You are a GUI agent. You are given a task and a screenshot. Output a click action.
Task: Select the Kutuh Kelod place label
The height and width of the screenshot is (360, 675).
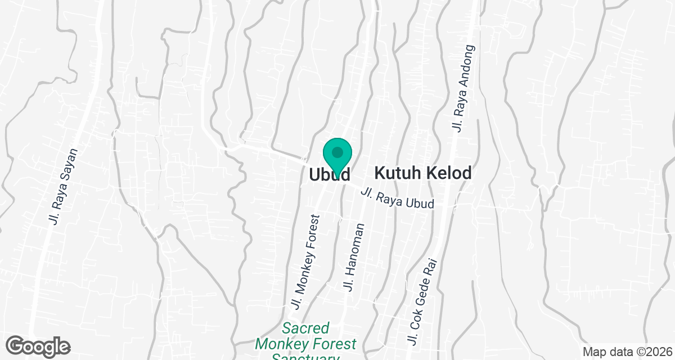422,173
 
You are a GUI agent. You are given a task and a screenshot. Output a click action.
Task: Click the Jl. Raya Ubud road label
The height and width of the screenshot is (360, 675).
398,199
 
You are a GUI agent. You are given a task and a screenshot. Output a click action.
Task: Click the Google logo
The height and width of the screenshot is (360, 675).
38,345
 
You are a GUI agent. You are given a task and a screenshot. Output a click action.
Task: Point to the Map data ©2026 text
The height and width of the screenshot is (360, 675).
627,352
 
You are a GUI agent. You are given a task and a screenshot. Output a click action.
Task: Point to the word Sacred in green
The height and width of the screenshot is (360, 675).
305,328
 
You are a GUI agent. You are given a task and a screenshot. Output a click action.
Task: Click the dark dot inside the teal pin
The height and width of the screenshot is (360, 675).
337,152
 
